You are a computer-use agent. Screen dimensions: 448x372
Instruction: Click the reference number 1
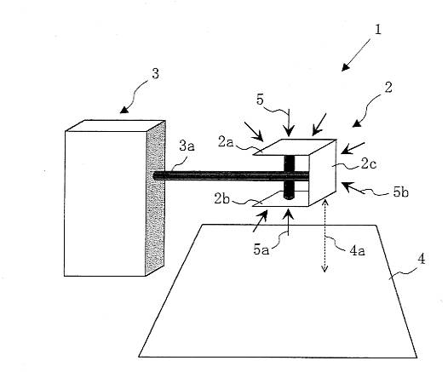coord(377,30)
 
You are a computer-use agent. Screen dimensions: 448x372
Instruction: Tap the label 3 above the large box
coord(155,74)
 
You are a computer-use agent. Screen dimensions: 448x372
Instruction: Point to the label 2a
coord(226,141)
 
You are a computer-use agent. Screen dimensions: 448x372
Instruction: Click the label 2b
coord(222,198)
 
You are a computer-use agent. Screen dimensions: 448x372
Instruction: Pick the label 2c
coord(368,164)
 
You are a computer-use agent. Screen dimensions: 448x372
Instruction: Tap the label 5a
coord(261,249)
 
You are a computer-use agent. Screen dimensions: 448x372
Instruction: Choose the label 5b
coord(401,192)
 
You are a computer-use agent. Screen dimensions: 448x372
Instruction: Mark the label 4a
coord(357,250)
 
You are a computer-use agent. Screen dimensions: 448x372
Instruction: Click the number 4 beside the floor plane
coord(421,260)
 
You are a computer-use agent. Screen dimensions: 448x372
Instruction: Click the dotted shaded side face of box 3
coord(155,197)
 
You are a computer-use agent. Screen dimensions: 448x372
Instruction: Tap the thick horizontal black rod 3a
coord(231,175)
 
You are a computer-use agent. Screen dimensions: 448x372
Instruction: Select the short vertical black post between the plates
coord(289,177)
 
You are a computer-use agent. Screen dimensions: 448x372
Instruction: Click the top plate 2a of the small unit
coord(295,147)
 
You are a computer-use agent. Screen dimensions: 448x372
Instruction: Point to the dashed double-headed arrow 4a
coord(325,236)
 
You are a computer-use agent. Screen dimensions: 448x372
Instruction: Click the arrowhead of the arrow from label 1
coord(345,67)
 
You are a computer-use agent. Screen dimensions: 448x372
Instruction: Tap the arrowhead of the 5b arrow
coord(346,186)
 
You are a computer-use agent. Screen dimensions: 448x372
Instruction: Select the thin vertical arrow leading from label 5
coord(289,123)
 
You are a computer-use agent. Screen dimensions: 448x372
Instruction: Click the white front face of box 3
coord(105,203)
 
